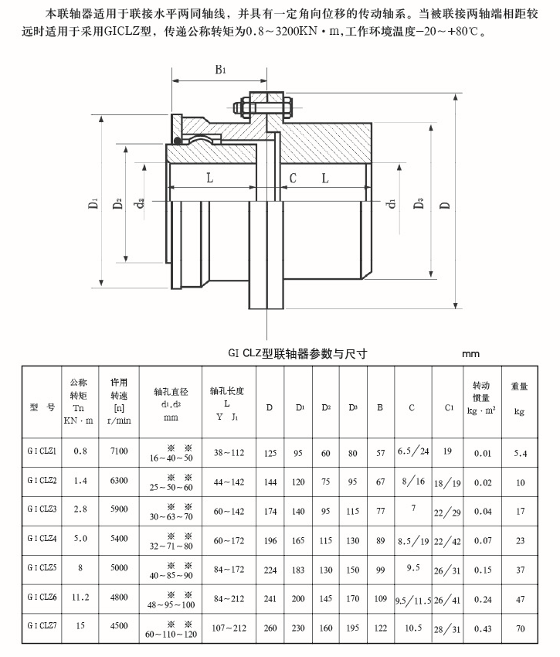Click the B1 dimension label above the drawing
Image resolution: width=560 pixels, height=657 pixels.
221,70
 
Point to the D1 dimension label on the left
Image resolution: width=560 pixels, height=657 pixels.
93,204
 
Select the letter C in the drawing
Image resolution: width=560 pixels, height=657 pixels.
293,179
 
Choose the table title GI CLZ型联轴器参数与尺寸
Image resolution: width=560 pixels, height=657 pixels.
297,353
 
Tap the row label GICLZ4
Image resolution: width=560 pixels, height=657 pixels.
42,537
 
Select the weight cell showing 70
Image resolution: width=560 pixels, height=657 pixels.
520,629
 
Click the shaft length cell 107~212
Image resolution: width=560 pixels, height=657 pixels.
229,628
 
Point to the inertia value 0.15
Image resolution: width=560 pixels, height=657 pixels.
483,568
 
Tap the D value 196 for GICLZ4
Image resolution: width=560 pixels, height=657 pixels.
270,539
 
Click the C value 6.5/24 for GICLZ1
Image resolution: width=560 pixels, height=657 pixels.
412,451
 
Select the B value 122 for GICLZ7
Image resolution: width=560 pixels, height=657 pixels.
380,628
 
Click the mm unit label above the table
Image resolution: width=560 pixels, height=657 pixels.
470,354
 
